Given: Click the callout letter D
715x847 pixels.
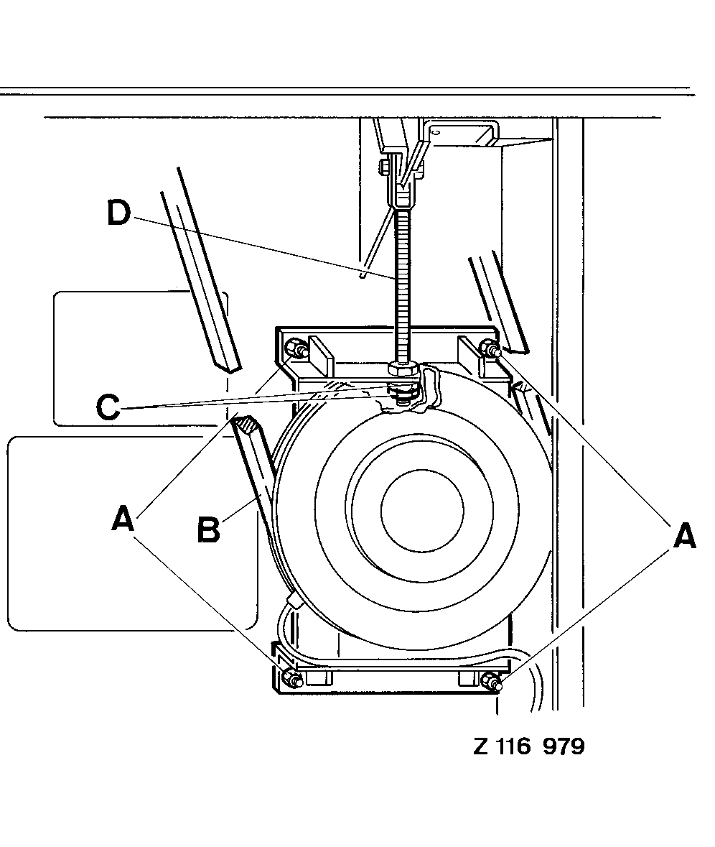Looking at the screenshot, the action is coord(119,213).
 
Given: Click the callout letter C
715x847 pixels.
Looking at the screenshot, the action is coord(108,406).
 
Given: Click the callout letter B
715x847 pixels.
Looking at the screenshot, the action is coord(209,529).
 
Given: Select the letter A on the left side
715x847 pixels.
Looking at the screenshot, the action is coord(123,518).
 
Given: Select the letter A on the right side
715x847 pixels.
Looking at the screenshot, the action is coord(684,535).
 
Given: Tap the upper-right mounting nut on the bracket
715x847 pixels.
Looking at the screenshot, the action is coord(490,348).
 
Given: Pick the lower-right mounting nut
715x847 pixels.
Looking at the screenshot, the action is coord(492,681).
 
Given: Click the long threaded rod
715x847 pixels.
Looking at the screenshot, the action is coord(402,287).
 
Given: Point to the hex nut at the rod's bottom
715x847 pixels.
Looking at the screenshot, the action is coord(403,370).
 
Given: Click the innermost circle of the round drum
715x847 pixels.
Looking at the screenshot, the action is coord(422,511).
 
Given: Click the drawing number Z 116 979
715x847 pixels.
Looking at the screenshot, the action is coord(529,746).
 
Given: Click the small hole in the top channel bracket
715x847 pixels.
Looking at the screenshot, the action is coord(436,131).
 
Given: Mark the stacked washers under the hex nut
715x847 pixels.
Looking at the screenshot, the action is coord(402,393).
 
